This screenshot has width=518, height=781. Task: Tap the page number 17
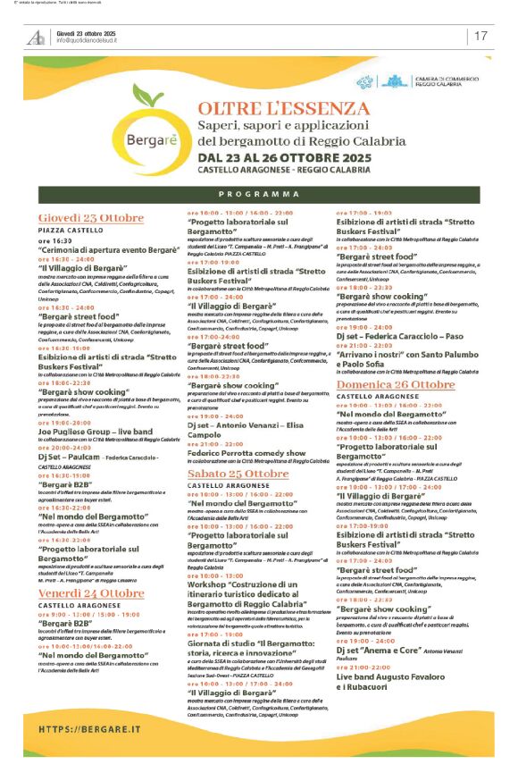click(480, 36)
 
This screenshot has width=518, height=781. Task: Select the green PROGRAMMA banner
click(259, 193)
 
